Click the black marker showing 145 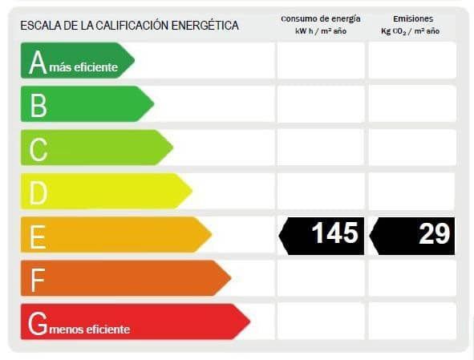pos(322,235)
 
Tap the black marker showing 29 pos(413,235)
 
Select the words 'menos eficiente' pos(90,329)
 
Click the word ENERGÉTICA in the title pos(204,26)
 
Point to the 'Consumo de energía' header pos(320,18)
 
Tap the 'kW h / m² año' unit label pos(320,30)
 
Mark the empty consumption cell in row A pos(320,61)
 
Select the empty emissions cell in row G pos(412,322)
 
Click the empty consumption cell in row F pos(320,278)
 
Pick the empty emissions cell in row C pos(412,148)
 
